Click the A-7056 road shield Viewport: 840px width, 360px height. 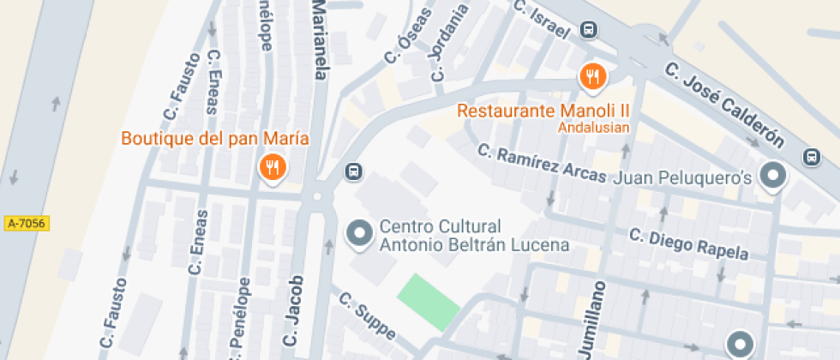27,224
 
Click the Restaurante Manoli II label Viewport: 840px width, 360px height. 543,111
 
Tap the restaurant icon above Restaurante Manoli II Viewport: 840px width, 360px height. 592,77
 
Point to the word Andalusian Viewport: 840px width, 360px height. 594,128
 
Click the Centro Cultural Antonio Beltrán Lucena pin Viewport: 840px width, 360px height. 358,233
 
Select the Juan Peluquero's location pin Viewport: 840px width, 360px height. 774,177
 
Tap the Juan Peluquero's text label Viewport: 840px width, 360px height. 684,177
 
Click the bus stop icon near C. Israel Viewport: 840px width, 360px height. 589,30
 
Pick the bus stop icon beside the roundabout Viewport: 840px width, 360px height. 352,171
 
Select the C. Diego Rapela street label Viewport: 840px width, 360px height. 688,244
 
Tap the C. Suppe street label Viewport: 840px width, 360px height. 367,317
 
